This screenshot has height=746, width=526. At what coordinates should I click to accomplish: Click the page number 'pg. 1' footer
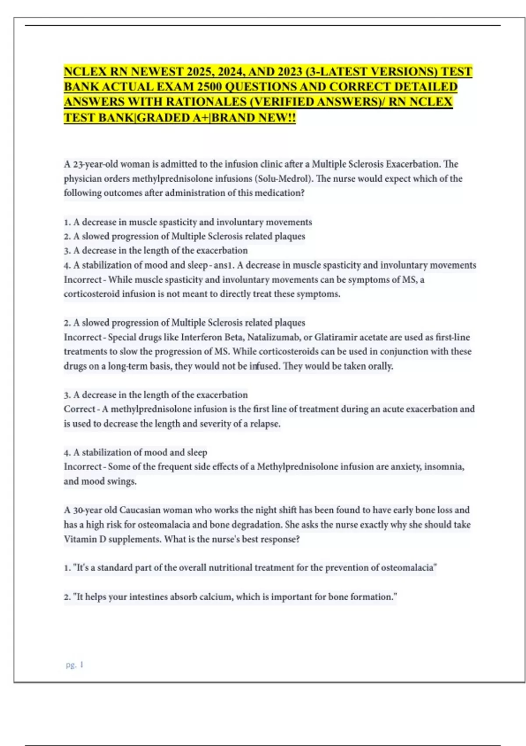click(75, 665)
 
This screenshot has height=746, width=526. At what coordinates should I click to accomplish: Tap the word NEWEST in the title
click(157, 72)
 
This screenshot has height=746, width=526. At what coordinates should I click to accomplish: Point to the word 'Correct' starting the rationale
click(79, 409)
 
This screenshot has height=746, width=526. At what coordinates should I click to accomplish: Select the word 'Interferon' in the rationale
click(203, 337)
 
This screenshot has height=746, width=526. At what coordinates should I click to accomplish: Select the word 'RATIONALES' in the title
click(204, 102)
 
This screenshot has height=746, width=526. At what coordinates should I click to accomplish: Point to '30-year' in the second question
click(88, 510)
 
